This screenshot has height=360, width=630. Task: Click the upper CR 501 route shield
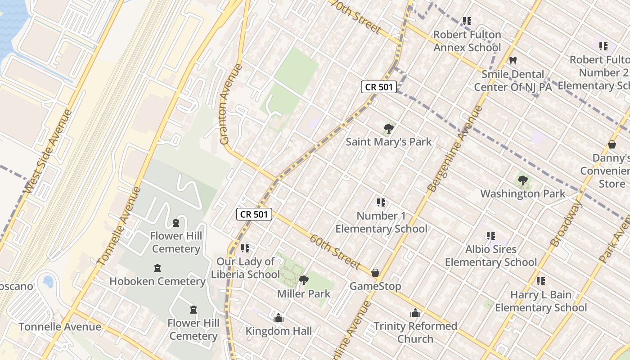[379, 87]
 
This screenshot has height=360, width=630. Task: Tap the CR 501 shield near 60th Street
[254, 214]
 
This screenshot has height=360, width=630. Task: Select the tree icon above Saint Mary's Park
[388, 129]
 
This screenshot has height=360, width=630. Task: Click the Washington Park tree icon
[522, 181]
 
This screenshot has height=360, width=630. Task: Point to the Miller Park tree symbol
[304, 281]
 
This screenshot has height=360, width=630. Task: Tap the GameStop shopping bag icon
[375, 273]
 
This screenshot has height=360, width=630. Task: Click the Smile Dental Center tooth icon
[513, 60]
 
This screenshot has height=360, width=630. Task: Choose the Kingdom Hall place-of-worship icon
[279, 318]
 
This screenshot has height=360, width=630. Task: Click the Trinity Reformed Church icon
[415, 313]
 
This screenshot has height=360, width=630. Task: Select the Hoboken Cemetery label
[157, 282]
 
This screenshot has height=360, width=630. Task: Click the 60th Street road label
[335, 251]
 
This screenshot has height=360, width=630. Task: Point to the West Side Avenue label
[48, 152]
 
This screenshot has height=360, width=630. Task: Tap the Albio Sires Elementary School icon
[490, 236]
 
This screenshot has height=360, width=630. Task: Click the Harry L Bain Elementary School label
[541, 301]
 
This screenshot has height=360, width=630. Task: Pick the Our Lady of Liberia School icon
[245, 248]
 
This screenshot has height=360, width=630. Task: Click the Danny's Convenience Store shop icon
[612, 145]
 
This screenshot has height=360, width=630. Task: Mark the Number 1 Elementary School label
[381, 222]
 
